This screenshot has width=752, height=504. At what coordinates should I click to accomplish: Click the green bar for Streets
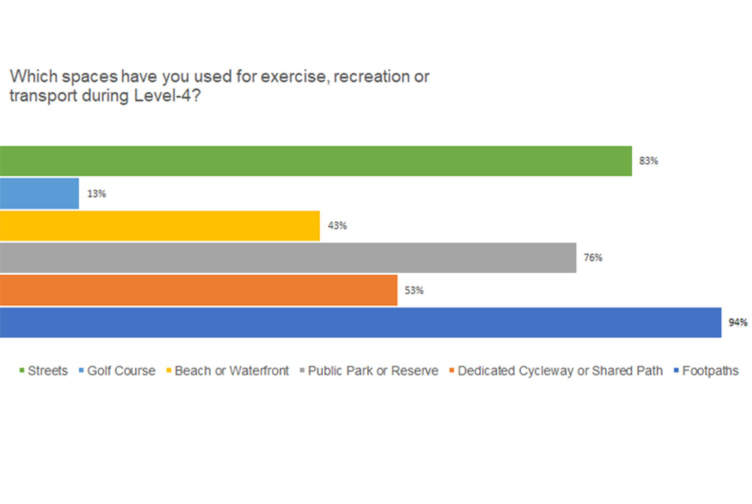316,161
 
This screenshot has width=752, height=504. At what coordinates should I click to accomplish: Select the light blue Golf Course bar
39,193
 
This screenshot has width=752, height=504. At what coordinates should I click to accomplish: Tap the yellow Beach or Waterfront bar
160,225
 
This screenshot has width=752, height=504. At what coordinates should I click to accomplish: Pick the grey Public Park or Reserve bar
288,258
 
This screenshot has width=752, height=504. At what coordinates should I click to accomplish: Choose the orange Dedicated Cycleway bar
199,290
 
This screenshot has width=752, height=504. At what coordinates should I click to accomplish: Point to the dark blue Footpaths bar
360,323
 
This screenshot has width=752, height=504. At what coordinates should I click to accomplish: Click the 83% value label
648,161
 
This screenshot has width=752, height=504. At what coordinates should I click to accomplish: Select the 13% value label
96,194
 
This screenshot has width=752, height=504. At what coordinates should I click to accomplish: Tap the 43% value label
337,226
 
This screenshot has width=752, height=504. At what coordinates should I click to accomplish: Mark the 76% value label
593,258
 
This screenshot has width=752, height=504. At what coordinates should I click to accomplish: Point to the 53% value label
414,290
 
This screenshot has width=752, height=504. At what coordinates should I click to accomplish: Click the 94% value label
738,323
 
